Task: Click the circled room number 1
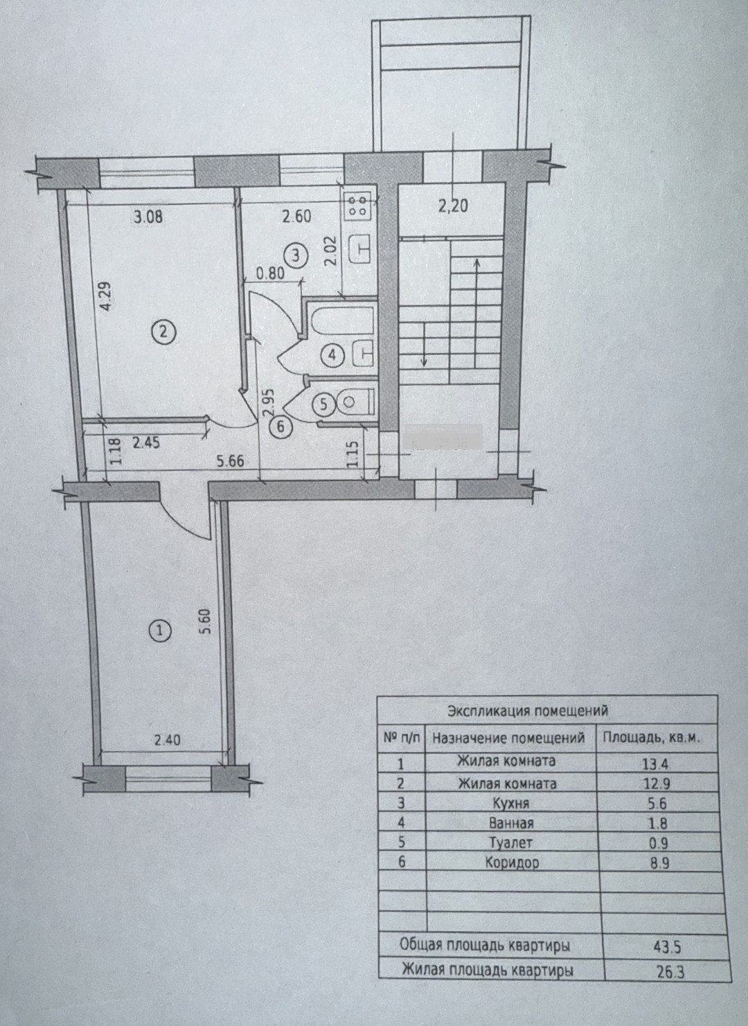click(160, 632)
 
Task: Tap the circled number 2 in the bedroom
click(164, 332)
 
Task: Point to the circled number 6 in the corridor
click(281, 426)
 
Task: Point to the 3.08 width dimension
click(148, 217)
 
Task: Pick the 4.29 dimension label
click(105, 297)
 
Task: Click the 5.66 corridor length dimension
click(230, 461)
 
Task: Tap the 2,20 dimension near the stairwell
click(453, 206)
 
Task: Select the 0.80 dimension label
click(270, 273)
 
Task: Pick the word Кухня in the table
click(511, 803)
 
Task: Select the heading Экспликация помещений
click(528, 711)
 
